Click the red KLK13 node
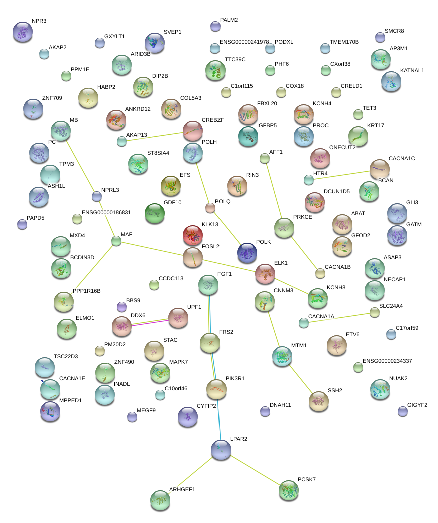coord(193,235)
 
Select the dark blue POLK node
coord(247,253)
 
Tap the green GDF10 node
coord(155,213)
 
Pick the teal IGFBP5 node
coord(248,136)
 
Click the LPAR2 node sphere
coord(221,450)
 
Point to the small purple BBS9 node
coord(122,307)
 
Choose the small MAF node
coord(116,241)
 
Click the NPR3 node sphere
coord(23,32)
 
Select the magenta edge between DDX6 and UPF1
coord(150,322)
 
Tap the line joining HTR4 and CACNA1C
coord(342,176)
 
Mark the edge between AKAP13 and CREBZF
coord(155,137)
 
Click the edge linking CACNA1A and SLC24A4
coord(339,317)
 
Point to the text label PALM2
coord(229,20)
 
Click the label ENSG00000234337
coord(387,361)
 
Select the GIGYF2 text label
coord(417,405)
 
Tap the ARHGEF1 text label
coord(182,489)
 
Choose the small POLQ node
coord(210,208)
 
